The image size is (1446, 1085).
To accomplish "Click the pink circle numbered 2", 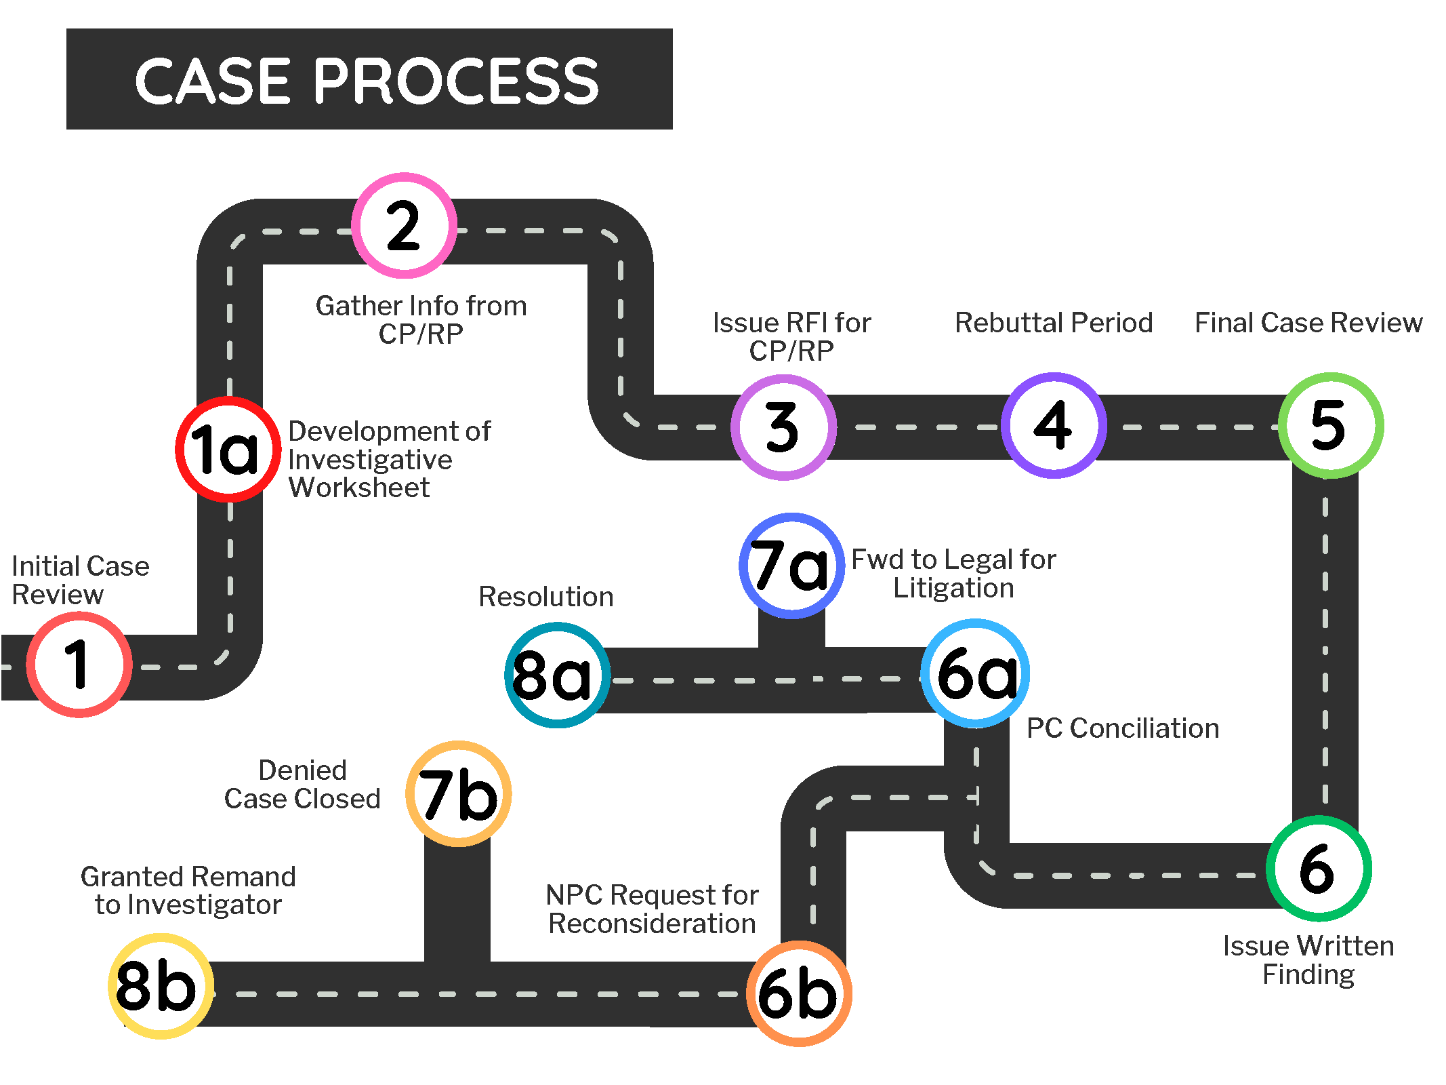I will pyautogui.click(x=404, y=226).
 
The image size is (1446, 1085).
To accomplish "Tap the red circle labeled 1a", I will pyautogui.click(x=228, y=450).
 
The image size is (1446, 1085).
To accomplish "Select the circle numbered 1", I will pyautogui.click(x=79, y=665).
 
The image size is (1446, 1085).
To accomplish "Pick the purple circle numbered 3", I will pyautogui.click(x=783, y=427).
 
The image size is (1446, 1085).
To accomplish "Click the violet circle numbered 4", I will pyautogui.click(x=1054, y=425).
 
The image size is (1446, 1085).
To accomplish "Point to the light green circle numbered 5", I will pyautogui.click(x=1331, y=425).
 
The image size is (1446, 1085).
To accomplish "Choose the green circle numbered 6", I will pyautogui.click(x=1319, y=869).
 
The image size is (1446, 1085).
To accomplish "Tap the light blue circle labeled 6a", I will pyautogui.click(x=975, y=673).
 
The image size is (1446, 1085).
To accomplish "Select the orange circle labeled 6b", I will pyautogui.click(x=799, y=994).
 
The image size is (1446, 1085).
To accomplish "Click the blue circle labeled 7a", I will pyautogui.click(x=791, y=566).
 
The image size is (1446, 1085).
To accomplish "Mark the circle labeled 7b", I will pyautogui.click(x=458, y=794).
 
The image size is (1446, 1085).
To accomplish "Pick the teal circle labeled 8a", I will pyautogui.click(x=557, y=675).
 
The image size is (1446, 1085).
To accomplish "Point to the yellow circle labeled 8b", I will pyautogui.click(x=161, y=986).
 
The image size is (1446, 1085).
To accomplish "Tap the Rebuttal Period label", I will pyautogui.click(x=1054, y=323).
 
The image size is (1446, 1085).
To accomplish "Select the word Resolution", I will pyautogui.click(x=546, y=597).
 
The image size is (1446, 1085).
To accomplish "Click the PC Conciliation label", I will pyautogui.click(x=1123, y=728).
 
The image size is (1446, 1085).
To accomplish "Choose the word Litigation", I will pyautogui.click(x=953, y=588).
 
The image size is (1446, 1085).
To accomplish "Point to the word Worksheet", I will pyautogui.click(x=359, y=488).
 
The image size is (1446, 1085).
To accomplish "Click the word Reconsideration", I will pyautogui.click(x=652, y=924).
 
